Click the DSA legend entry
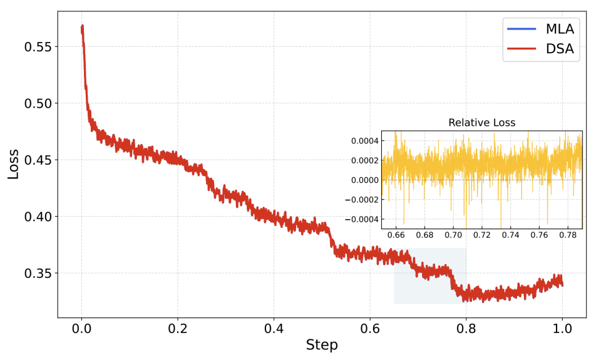560,48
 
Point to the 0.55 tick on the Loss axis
38,47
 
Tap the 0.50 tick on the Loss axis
38,103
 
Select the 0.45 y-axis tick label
38,160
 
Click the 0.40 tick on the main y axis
38,217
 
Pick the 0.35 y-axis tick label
38,274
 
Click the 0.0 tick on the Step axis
81,327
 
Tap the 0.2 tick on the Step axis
178,327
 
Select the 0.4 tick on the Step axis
274,327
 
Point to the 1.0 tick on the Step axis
562,327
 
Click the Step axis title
322,345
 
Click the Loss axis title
13,164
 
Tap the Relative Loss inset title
481,123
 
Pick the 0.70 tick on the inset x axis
453,235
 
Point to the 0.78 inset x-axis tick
568,235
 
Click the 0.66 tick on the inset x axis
396,235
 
